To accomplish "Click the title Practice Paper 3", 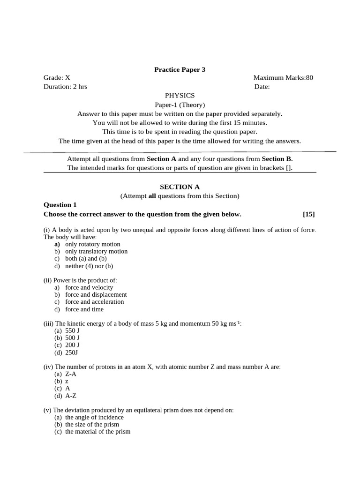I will click(x=180, y=70).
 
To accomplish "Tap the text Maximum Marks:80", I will click(x=283, y=78).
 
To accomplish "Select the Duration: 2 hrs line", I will click(x=65, y=87).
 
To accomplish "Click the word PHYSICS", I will click(x=180, y=96).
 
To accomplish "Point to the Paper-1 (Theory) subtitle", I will click(x=180, y=105).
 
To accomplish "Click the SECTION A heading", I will click(x=180, y=187).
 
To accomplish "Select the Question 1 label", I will click(x=60, y=205).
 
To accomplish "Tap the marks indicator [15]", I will click(x=309, y=214).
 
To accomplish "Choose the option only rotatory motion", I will click(x=92, y=244).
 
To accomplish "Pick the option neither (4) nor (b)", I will click(x=89, y=266).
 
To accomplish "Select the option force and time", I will click(x=84, y=309).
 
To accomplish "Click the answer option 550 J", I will click(x=72, y=330).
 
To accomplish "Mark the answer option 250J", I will click(x=72, y=352).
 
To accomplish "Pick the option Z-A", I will click(x=71, y=374).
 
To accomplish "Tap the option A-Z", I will click(x=71, y=396).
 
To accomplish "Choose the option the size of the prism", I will click(x=92, y=424).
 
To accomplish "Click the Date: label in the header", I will click(x=262, y=87).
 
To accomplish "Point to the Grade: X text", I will click(x=57, y=78).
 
